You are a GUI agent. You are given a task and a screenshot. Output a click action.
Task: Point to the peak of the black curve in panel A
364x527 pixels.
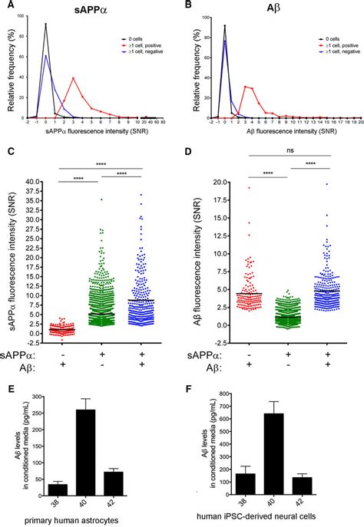coord(46,25)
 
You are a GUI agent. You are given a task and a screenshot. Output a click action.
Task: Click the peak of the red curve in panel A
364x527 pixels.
coord(74,77)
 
